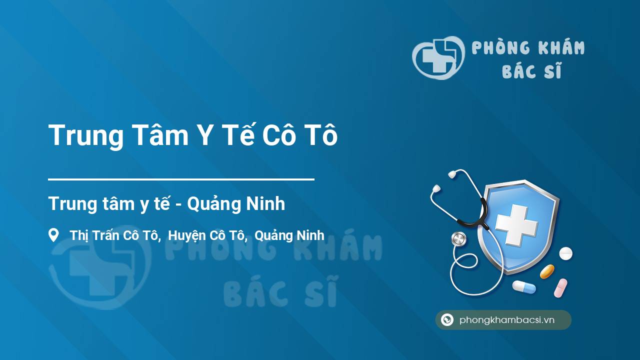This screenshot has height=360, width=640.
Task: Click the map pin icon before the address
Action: point(53,235)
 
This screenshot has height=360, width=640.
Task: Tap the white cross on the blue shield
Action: point(516,225)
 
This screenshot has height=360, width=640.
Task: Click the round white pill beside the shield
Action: point(565,253)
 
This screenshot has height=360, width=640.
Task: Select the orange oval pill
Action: point(547,271)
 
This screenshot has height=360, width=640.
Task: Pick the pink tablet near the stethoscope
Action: point(560,288)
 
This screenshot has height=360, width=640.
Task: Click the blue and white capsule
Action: point(524,287)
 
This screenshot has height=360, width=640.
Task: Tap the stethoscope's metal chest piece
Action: point(458,239)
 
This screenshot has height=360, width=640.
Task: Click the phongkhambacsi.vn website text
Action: point(507,319)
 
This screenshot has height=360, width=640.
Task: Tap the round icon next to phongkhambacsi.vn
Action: point(447,319)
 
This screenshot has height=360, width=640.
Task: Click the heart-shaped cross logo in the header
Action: point(438,57)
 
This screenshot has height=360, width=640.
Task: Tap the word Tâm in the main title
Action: point(160,135)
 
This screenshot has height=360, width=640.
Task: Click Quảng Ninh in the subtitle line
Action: point(236,203)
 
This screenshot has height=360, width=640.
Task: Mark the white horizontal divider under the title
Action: point(181,179)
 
